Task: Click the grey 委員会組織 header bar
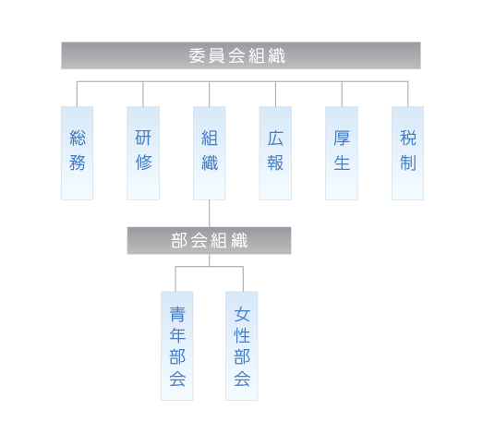point(241,55)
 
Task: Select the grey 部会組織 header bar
point(209,241)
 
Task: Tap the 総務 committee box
point(77,153)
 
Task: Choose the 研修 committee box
point(143,153)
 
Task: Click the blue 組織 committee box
point(210,153)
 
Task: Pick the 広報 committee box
point(275,153)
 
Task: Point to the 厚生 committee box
point(342,153)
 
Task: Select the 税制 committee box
point(408,153)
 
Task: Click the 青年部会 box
point(177,346)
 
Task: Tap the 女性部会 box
point(242,346)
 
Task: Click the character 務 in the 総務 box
point(77,163)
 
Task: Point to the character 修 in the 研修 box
point(143,163)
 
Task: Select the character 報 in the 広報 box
point(275,163)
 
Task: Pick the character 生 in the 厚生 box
point(342,163)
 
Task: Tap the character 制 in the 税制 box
point(408,163)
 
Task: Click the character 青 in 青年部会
point(177,314)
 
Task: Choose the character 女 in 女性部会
point(242,314)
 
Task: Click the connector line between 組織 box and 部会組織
point(210,213)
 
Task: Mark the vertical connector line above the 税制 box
point(408,94)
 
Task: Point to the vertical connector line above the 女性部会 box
point(243,279)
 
